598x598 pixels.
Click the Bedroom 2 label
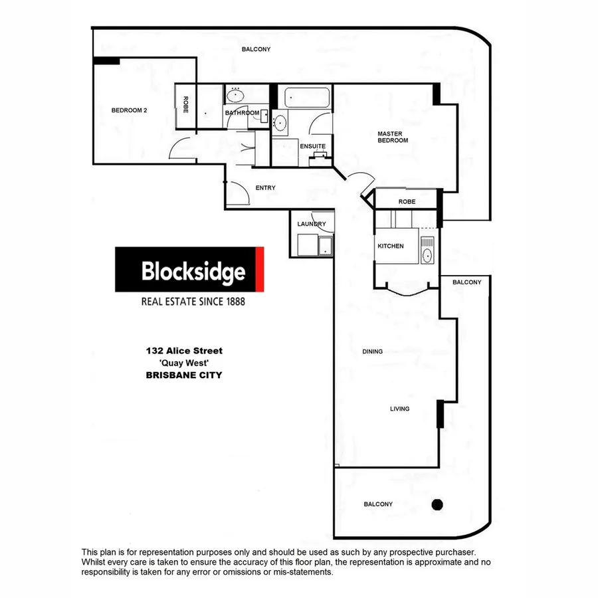pyautogui.click(x=128, y=110)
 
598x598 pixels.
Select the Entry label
pyautogui.click(x=265, y=188)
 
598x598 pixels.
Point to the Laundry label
pyautogui.click(x=311, y=225)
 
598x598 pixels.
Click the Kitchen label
pyautogui.click(x=391, y=246)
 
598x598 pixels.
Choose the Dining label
pyautogui.click(x=372, y=351)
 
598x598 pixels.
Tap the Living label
pyautogui.click(x=399, y=409)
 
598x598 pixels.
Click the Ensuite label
pyautogui.click(x=312, y=146)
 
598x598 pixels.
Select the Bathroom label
pyautogui.click(x=242, y=113)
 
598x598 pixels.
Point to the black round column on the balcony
pyautogui.click(x=437, y=504)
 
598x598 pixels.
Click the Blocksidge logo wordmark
pyautogui.click(x=193, y=272)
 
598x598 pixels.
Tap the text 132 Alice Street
pyautogui.click(x=184, y=350)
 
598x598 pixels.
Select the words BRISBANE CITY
pyautogui.click(x=183, y=375)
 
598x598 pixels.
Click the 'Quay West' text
pyautogui.click(x=184, y=363)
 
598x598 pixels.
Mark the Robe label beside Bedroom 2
pyautogui.click(x=185, y=105)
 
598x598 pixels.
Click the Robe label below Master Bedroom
pyautogui.click(x=407, y=201)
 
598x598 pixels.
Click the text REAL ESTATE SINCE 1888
pyautogui.click(x=193, y=302)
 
